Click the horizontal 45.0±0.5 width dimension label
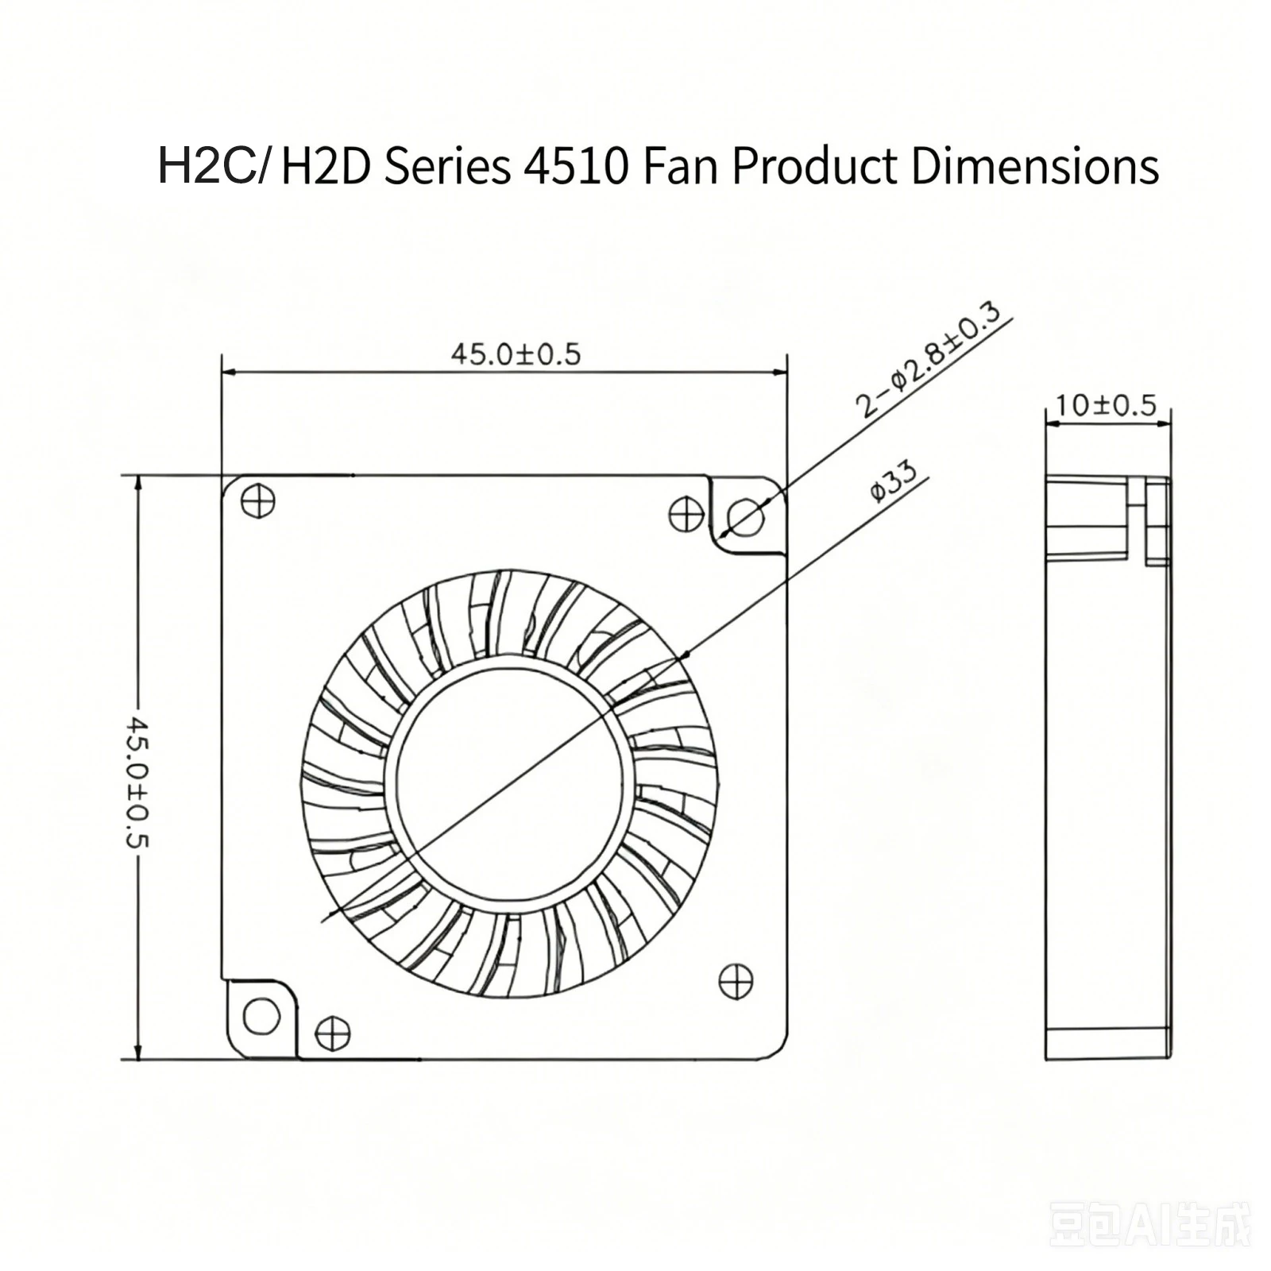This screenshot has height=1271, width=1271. [x=516, y=353]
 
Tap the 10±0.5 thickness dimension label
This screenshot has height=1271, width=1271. [x=1106, y=405]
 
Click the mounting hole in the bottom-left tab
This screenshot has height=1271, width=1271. [x=261, y=1016]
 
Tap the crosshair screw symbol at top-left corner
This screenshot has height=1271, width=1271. [x=257, y=500]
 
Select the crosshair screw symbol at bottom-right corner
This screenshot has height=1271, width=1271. [x=736, y=982]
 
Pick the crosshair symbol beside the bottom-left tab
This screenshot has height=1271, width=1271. [x=333, y=1033]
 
